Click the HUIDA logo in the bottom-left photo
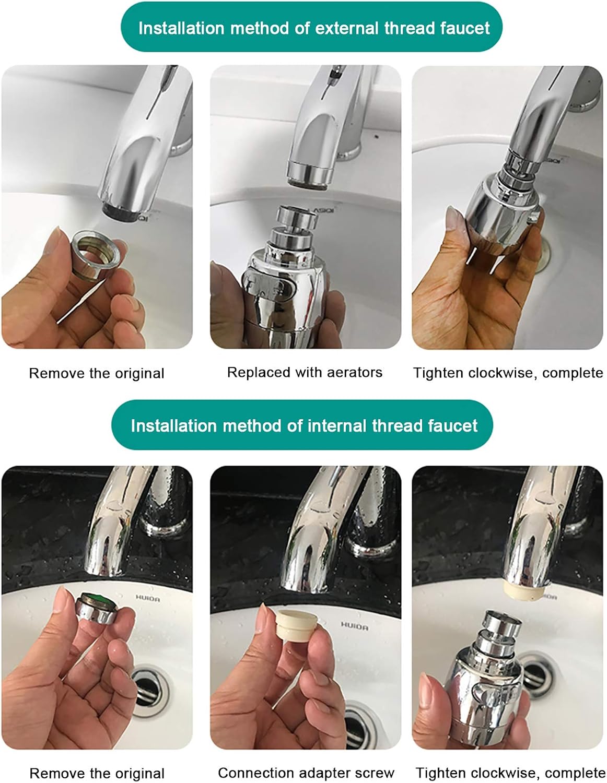(x=148, y=598)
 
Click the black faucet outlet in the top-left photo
(x=121, y=211)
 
